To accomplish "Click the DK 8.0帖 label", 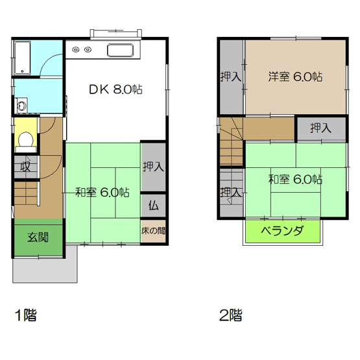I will click(115, 90).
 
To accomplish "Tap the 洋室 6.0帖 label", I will click(295, 77).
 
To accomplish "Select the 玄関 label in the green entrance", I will click(37, 237).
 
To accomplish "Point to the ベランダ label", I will click(283, 231).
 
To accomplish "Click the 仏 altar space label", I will click(154, 206).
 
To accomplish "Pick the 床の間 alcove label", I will click(154, 230).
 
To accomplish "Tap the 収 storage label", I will click(23, 167).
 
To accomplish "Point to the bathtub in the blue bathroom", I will click(23, 58).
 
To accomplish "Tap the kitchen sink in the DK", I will click(120, 51).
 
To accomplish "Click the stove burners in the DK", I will click(82, 49).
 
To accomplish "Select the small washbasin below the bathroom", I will click(22, 104).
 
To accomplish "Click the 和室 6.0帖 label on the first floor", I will click(102, 192).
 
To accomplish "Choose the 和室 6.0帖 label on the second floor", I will click(295, 179).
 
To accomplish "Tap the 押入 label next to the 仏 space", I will click(154, 166).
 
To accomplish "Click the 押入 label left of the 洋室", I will click(231, 77).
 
